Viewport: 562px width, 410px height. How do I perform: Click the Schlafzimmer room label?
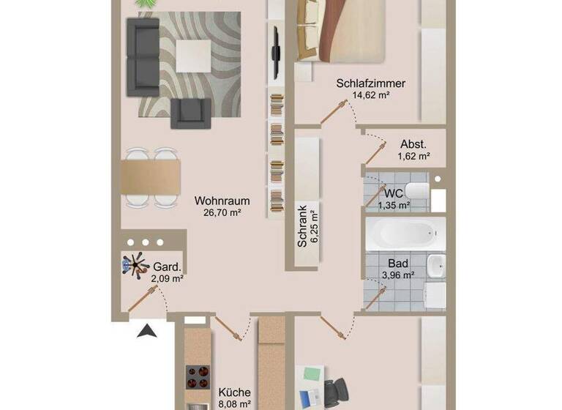pos(370,83)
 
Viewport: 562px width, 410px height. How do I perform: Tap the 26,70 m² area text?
pos(217,213)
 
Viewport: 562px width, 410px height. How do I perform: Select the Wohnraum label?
pos(222,201)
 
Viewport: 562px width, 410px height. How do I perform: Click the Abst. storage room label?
pos(413,144)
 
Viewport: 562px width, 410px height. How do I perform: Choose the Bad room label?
pos(398,263)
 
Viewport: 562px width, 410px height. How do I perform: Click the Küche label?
pos(235,392)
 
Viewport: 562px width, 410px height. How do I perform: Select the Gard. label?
pos(167,266)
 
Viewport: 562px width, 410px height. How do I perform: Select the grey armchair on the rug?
pos(190,111)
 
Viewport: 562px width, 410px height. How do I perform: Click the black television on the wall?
pos(277,53)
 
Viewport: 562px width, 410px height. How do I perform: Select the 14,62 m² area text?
pos(370,96)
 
